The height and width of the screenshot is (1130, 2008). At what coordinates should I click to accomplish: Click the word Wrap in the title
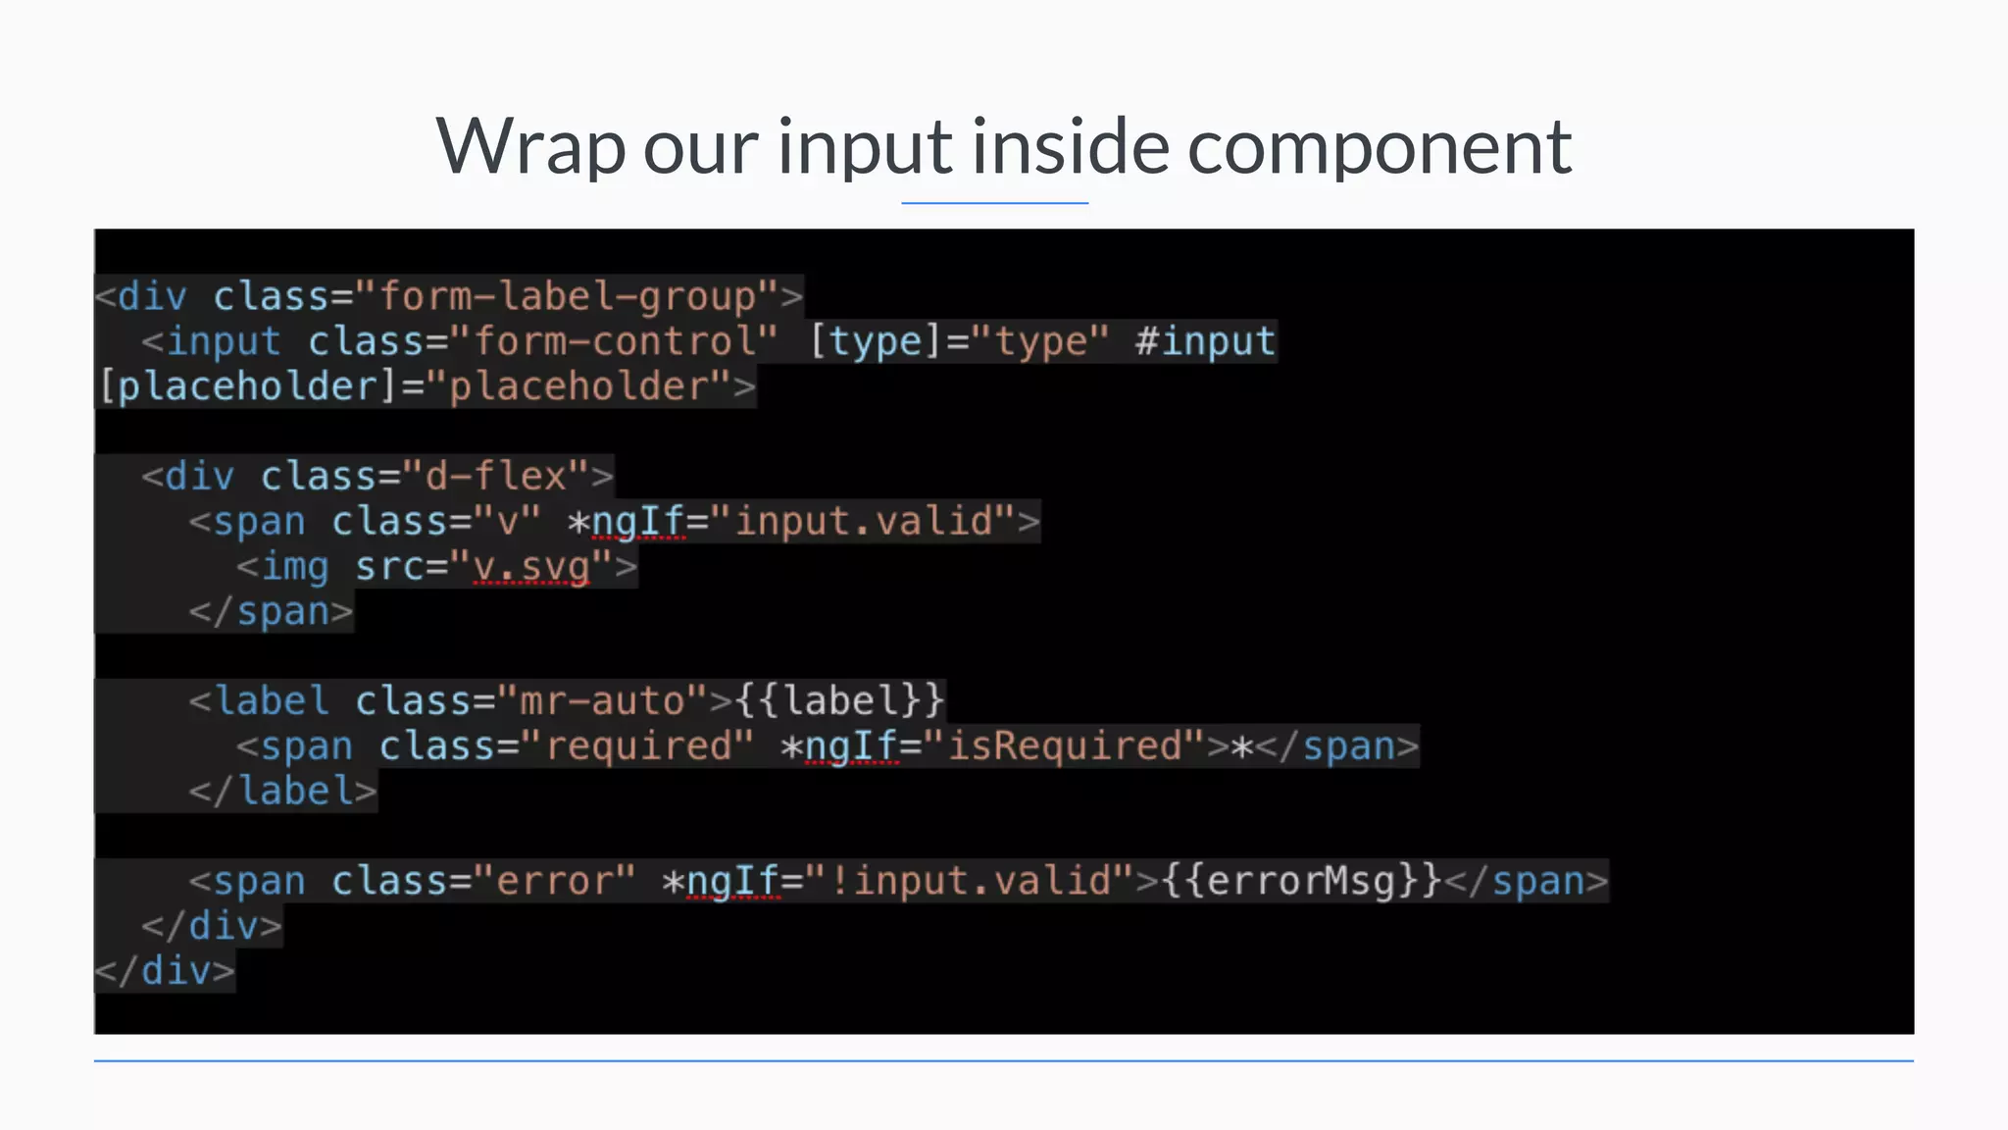tap(529, 147)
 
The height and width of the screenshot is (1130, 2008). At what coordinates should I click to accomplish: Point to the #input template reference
tap(1205, 341)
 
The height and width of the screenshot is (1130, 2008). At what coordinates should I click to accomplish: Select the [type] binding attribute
tap(868, 341)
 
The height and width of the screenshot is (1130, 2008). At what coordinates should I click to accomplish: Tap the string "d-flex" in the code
tap(495, 477)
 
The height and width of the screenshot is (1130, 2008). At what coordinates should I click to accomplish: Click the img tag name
tap(295, 567)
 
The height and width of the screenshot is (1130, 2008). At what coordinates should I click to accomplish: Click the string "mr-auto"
tap(602, 701)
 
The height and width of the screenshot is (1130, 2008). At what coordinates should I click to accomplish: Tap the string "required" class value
tap(638, 746)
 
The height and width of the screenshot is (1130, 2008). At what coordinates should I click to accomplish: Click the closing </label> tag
tap(282, 792)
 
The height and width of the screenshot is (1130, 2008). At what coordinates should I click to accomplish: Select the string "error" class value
tap(555, 881)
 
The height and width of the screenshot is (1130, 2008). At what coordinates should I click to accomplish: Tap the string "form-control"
tap(615, 341)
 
